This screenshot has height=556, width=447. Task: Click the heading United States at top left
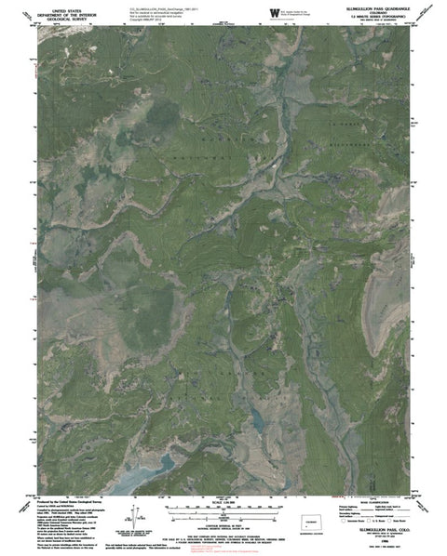(65, 7)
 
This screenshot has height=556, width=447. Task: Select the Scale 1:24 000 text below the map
(223, 506)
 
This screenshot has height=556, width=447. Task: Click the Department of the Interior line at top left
(65, 13)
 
